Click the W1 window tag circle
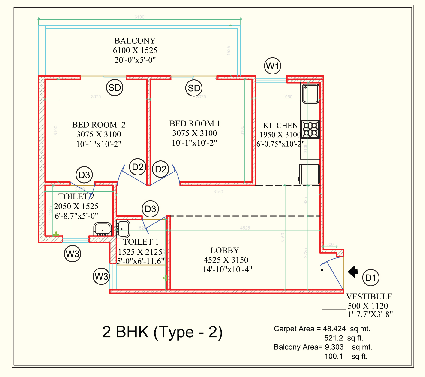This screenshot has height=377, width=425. (273, 66)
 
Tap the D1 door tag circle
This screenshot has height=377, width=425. (371, 278)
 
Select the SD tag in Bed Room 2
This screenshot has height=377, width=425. (115, 88)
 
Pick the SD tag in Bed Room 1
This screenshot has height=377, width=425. (194, 88)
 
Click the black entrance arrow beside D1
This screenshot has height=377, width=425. (353, 272)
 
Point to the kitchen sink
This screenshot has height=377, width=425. (311, 93)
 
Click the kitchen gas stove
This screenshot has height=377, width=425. (310, 129)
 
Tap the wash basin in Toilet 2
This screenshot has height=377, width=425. (103, 230)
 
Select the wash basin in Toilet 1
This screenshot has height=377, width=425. (123, 229)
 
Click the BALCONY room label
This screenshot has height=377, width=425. (135, 41)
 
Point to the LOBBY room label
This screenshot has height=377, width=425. (225, 250)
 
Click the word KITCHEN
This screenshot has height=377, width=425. (280, 126)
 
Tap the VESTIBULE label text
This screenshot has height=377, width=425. (369, 297)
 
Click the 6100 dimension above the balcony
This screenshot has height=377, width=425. (139, 17)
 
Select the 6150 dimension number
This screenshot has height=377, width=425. (218, 192)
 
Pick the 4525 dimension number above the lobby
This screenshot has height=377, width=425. (245, 228)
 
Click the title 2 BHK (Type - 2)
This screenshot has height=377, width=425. (162, 332)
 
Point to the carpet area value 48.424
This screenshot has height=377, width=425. (334, 329)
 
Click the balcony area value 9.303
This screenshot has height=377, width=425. (334, 347)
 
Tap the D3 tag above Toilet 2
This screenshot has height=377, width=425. (84, 175)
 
